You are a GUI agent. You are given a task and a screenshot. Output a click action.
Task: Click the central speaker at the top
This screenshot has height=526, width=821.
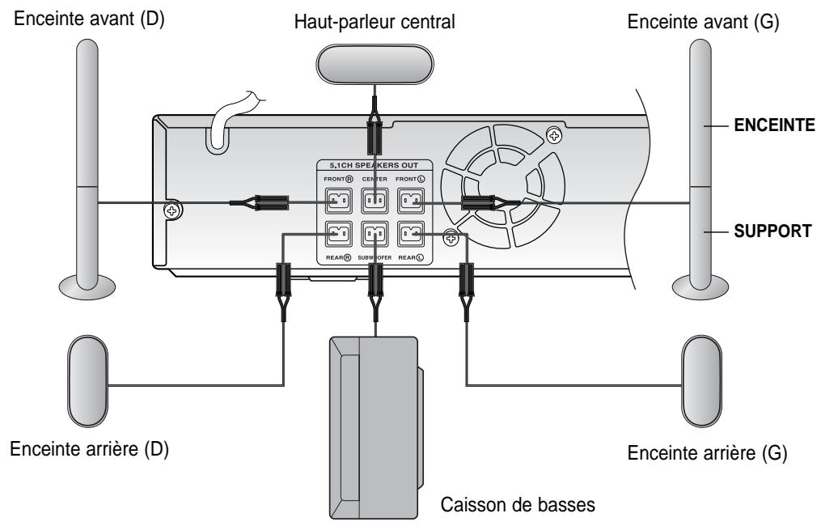tap(375, 64)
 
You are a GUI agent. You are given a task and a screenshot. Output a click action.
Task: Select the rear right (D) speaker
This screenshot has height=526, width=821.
tap(87, 381)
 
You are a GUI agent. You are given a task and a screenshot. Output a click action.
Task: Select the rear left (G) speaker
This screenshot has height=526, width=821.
tap(701, 381)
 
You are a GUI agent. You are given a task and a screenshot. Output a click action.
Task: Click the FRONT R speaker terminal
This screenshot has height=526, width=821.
tap(339, 200)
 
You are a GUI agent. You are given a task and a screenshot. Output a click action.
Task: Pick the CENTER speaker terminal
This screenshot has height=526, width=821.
tap(375, 200)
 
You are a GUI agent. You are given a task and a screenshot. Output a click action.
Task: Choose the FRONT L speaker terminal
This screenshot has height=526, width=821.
tap(411, 200)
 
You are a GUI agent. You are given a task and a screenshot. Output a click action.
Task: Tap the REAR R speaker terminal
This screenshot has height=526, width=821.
tap(339, 234)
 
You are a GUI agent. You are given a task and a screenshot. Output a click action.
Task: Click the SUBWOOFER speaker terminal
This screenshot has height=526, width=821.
tap(375, 234)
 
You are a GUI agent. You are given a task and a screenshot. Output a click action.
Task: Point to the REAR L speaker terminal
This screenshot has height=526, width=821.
tap(411, 234)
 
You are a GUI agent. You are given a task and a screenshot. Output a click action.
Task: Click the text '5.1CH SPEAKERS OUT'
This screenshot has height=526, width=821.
tap(374, 166)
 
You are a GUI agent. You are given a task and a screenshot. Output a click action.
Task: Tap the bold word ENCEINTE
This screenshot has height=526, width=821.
tap(774, 125)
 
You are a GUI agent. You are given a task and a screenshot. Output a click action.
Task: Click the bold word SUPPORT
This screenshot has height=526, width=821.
tap(772, 231)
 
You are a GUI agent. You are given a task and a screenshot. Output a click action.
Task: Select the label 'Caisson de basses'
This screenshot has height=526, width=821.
tap(518, 504)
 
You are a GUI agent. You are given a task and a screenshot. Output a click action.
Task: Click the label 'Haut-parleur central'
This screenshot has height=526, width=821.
tap(375, 22)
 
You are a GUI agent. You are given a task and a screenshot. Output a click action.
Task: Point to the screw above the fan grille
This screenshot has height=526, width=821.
tap(554, 136)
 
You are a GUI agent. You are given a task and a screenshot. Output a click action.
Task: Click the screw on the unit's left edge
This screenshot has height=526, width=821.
tap(171, 210)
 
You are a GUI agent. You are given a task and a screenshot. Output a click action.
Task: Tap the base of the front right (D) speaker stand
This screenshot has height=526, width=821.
tap(87, 287)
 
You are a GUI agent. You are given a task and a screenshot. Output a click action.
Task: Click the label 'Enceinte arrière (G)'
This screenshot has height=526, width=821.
tap(708, 452)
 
